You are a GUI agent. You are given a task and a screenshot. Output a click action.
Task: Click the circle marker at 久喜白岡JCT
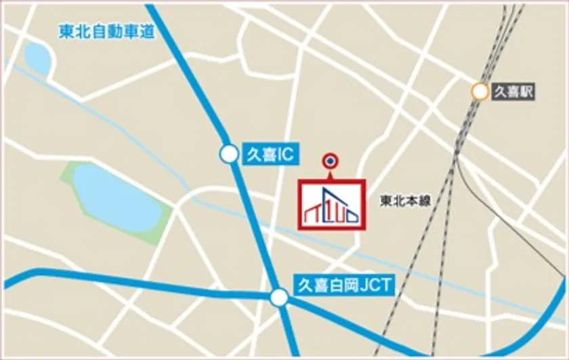coord(279,297)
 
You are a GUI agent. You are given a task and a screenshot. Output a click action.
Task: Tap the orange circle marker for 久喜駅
coord(480,92)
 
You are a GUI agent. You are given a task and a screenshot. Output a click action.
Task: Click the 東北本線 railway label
coord(405,201)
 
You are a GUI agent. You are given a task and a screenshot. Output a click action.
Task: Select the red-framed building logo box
coord(332,205)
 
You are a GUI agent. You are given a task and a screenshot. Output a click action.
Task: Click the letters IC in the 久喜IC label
coord(284,155)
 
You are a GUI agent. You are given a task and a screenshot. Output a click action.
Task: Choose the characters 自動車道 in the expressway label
coord(123,32)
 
